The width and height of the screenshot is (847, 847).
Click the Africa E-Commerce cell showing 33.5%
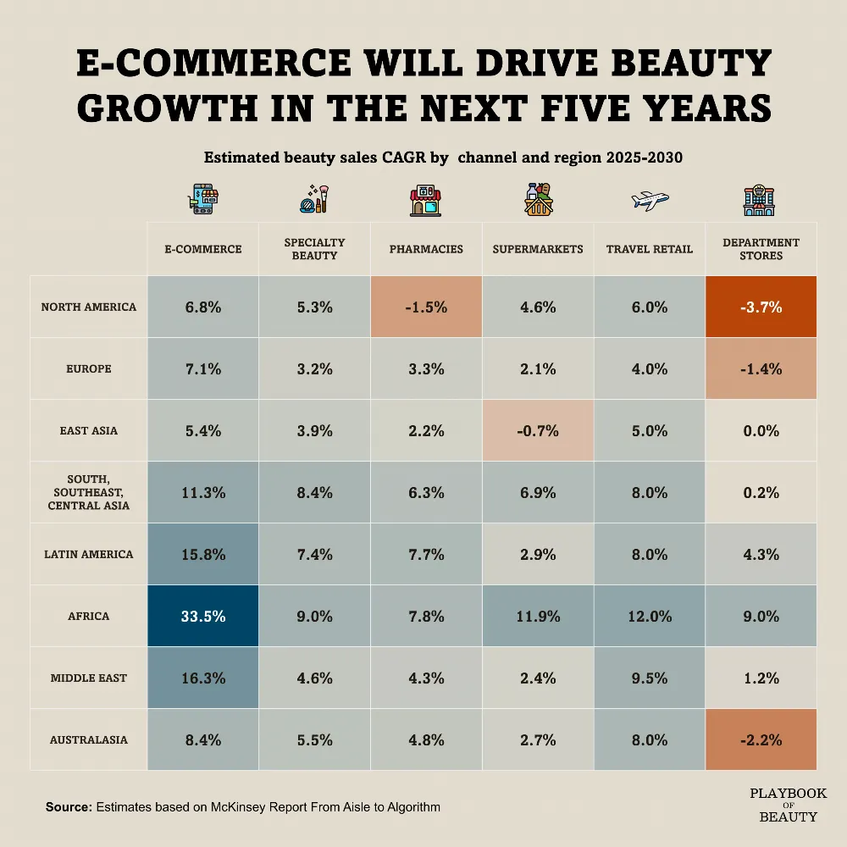pyautogui.click(x=203, y=616)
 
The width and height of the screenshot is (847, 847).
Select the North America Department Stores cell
pyautogui.click(x=761, y=307)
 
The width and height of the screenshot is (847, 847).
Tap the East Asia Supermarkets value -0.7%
pyautogui.click(x=538, y=430)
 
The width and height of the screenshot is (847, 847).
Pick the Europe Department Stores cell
pyautogui.click(x=761, y=368)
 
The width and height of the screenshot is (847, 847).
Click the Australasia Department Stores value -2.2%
pyautogui.click(x=761, y=739)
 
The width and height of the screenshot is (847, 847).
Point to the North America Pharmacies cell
pyautogui.click(x=426, y=307)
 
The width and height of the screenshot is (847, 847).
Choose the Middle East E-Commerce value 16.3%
pyautogui.click(x=203, y=678)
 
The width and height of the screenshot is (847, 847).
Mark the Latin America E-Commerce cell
pyautogui.click(x=203, y=554)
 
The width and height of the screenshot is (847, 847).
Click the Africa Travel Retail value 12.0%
pyautogui.click(x=650, y=617)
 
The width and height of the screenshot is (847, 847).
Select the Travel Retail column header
pyautogui.click(x=650, y=249)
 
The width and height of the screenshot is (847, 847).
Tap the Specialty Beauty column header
pyautogui.click(x=314, y=249)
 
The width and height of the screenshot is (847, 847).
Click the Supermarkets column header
pyautogui.click(x=538, y=249)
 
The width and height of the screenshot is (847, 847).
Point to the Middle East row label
pyautogui.click(x=89, y=678)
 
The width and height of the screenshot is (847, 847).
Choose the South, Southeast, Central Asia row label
pyautogui.click(x=89, y=492)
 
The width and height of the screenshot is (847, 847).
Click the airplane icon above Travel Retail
pyautogui.click(x=650, y=201)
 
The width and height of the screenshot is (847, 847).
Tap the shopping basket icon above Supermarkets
pyautogui.click(x=539, y=199)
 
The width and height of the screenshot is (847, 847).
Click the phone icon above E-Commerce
pyautogui.click(x=203, y=199)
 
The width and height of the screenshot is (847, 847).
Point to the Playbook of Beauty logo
pyautogui.click(x=788, y=805)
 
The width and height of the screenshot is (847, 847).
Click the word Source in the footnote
pyautogui.click(x=69, y=807)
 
